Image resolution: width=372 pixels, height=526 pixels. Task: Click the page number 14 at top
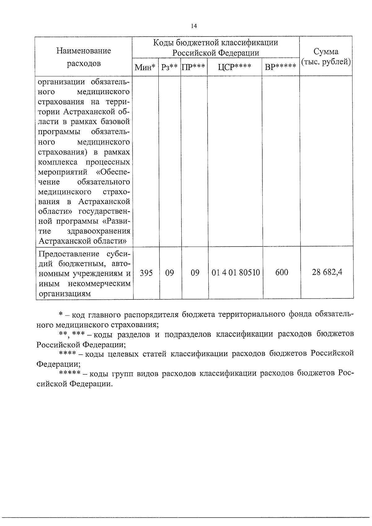tap(194, 26)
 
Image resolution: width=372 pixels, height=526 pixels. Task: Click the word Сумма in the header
tap(326, 51)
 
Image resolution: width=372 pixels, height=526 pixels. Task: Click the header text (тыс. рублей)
tap(326, 62)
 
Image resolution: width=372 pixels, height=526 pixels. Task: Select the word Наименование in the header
tap(84, 51)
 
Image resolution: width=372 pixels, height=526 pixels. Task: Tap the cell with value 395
tap(146, 273)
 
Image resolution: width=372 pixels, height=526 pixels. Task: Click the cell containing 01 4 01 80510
tap(236, 273)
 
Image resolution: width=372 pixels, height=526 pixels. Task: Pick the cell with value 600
tap(281, 273)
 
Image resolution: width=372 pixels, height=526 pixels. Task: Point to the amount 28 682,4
tap(327, 273)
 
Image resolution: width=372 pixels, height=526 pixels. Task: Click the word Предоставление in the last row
tap(69, 254)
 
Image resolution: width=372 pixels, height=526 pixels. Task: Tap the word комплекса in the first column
tap(57, 162)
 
